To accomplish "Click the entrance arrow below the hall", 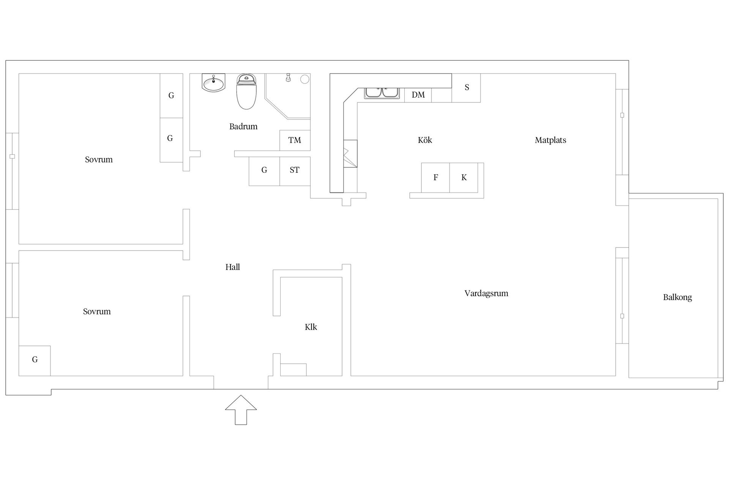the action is [241, 410].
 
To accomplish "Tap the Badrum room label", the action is [243, 126].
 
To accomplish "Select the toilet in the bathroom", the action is [246, 92].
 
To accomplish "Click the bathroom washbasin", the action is [213, 83].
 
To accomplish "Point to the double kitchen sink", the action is [382, 93].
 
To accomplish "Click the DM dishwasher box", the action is [418, 95].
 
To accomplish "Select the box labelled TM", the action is [295, 140].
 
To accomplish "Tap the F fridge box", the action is [436, 178].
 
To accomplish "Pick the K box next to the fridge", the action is [464, 178].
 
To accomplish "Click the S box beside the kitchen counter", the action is [466, 88].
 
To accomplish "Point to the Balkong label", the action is [677, 297].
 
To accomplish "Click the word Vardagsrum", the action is [486, 293].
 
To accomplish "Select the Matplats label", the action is [551, 140].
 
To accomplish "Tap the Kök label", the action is [425, 140].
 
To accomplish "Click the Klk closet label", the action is [311, 327].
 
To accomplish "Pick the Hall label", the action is [233, 267].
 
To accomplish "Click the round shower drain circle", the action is [305, 79].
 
